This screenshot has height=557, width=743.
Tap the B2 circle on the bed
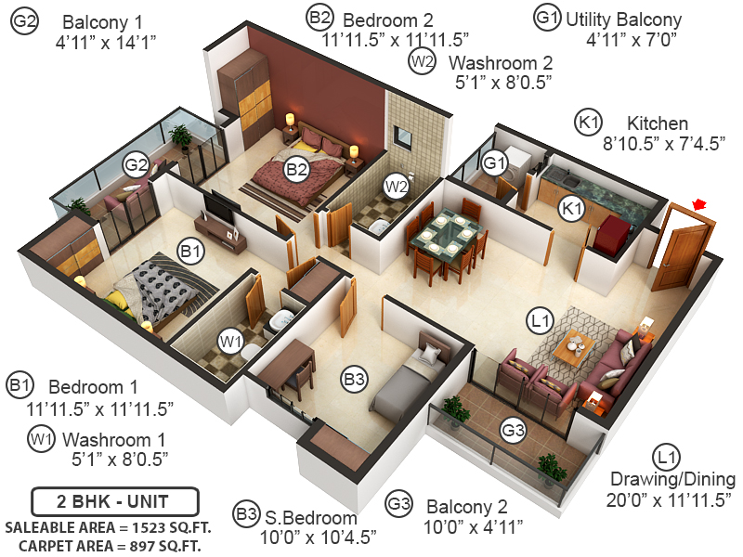point(296,169)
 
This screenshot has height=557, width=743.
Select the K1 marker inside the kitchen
point(570,210)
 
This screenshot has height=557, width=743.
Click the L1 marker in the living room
point(541,321)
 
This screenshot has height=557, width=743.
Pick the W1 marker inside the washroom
point(230,341)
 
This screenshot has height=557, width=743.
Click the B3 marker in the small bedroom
point(354,379)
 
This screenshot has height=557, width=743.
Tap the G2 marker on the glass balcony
point(137,165)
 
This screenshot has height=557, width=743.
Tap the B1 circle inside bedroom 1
point(190,251)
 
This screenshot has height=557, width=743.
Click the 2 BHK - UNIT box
point(115,502)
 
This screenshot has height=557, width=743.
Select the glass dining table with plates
point(444,233)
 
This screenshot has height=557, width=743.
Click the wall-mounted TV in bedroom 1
point(217,204)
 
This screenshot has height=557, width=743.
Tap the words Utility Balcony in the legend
point(623,19)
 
